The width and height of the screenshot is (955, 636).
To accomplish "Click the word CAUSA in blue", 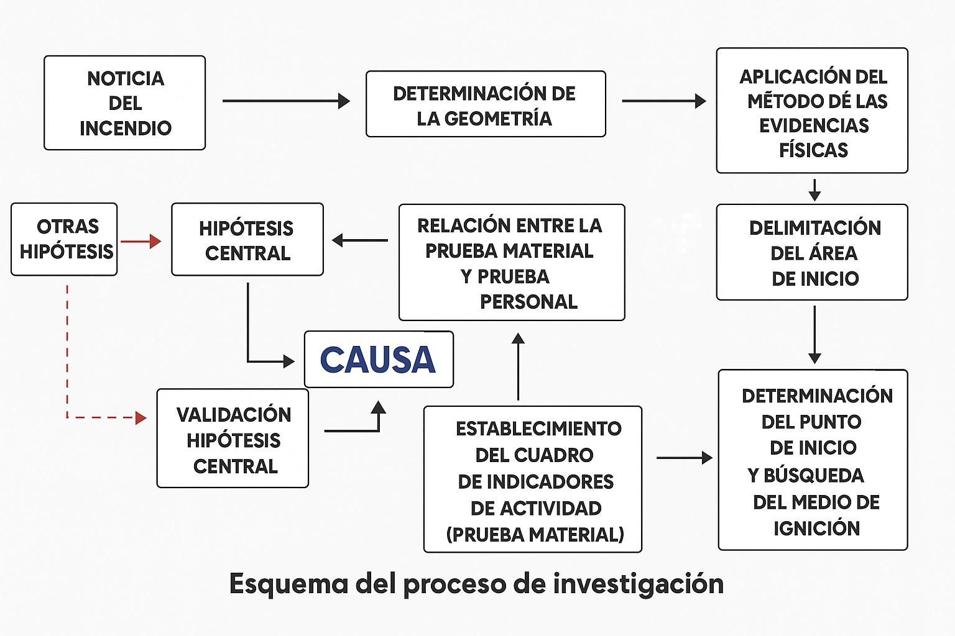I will tap(378, 360).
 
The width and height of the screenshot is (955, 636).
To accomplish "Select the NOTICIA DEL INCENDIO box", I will tap(124, 102).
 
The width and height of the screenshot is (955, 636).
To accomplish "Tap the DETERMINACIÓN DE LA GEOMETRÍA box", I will tap(485, 104).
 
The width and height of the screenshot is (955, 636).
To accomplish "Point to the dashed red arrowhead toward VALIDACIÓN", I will tap(141, 417).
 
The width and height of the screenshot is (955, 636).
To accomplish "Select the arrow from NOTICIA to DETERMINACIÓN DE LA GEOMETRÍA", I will tap(285, 101).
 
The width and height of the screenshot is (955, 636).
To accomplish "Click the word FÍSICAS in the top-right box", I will tap(813, 150).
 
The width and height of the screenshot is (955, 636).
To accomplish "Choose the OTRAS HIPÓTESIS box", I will tap(64, 239).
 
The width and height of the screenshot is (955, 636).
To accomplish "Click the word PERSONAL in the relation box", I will tap(528, 302).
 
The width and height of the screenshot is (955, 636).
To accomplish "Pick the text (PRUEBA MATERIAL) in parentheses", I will tap(535, 534).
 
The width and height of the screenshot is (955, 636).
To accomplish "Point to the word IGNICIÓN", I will tap(816, 529).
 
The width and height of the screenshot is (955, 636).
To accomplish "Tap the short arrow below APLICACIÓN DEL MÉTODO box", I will tap(814, 189).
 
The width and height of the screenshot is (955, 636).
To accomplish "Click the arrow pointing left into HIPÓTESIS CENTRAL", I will tap(360, 240).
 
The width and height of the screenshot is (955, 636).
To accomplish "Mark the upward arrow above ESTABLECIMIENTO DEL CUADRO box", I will tap(518, 366).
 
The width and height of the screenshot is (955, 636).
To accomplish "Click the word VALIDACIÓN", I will tap(234, 415).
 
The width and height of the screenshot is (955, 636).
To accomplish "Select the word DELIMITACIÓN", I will tap(814, 228).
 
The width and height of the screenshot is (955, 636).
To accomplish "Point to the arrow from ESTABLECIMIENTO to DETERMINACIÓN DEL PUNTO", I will tap(684, 458).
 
